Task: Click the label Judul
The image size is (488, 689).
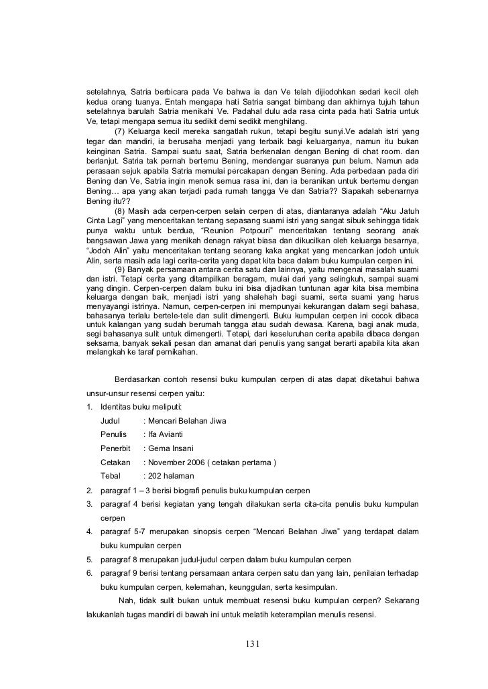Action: tap(111, 421)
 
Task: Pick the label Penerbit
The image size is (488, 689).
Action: tap(115, 448)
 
